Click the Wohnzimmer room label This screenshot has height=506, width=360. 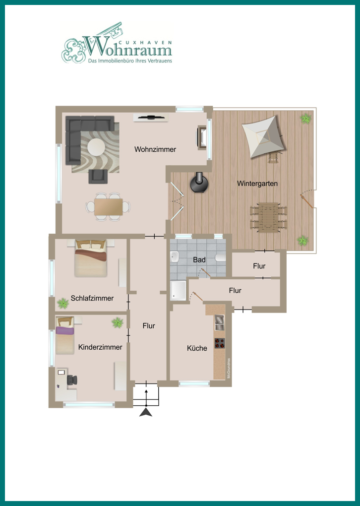155,149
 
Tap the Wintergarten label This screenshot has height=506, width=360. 257,184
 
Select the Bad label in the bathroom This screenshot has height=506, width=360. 199,259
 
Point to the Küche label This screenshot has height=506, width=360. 197,348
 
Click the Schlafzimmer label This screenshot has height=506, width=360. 92,298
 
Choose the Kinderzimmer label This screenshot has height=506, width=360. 100,347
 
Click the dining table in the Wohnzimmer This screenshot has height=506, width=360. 109,206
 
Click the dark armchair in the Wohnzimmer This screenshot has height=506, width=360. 97,176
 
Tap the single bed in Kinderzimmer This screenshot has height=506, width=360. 64,337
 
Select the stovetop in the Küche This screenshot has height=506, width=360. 219,343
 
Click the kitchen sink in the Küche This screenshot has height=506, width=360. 219,322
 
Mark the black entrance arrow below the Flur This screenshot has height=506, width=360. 146,411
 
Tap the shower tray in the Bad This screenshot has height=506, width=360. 179,290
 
